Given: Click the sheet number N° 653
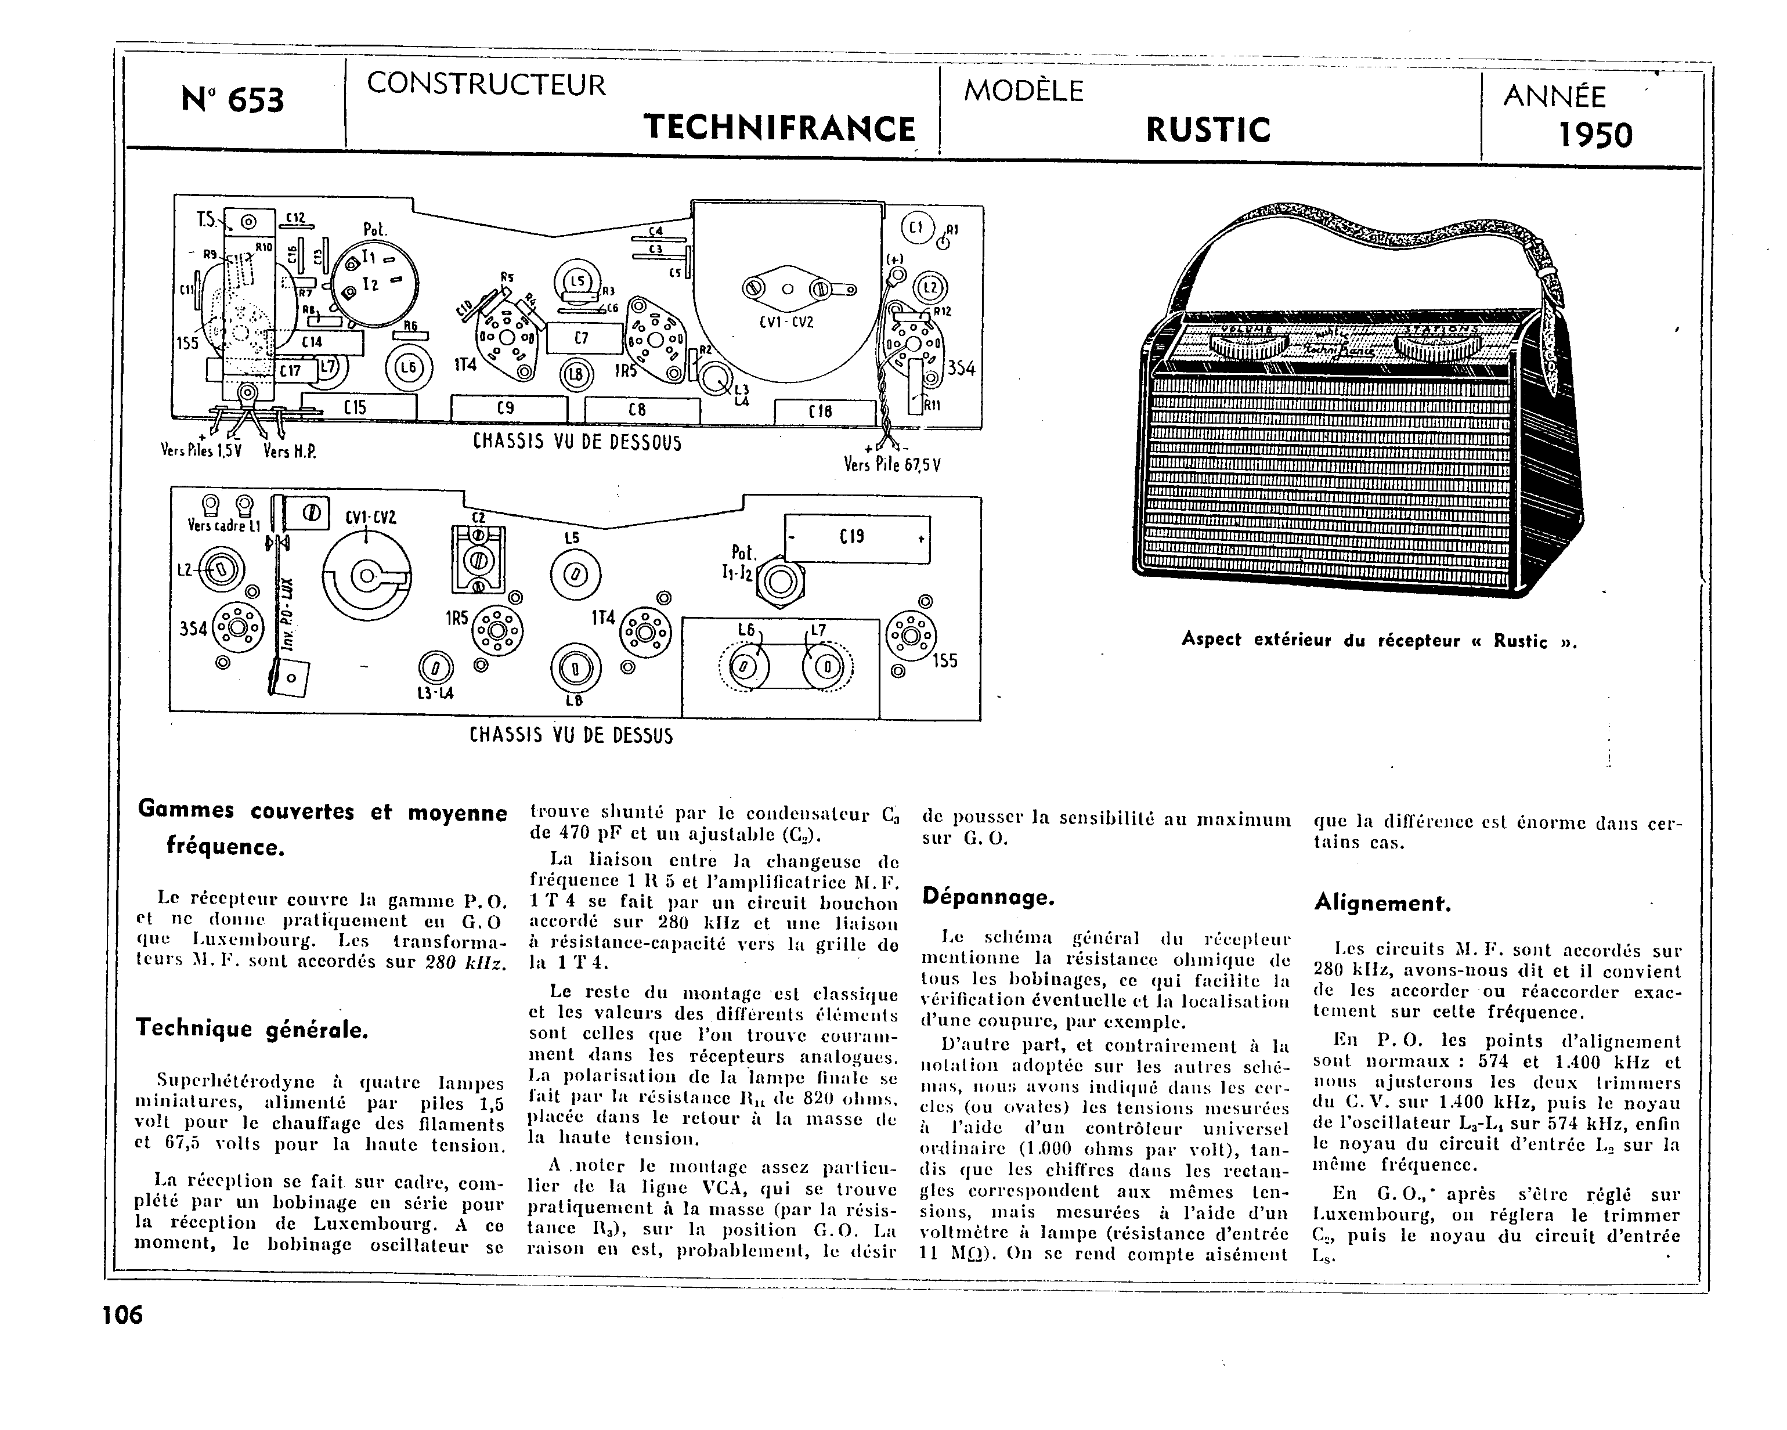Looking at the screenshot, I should (232, 101).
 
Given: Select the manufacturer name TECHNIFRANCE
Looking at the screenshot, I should (779, 128).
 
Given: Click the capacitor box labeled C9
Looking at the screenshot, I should (507, 409).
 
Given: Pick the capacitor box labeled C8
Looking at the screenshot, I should (641, 410).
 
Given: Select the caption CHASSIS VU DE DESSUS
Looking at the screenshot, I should (571, 735).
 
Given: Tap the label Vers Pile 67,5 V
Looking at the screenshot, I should (892, 465).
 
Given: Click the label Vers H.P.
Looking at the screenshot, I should (289, 452).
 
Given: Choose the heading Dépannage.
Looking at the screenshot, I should (988, 897).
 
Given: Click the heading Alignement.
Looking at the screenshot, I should (1382, 903).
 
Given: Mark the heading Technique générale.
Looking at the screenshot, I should (252, 1030).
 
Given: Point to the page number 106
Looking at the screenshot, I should (122, 1315).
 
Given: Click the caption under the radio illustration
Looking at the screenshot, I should (1379, 640).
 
